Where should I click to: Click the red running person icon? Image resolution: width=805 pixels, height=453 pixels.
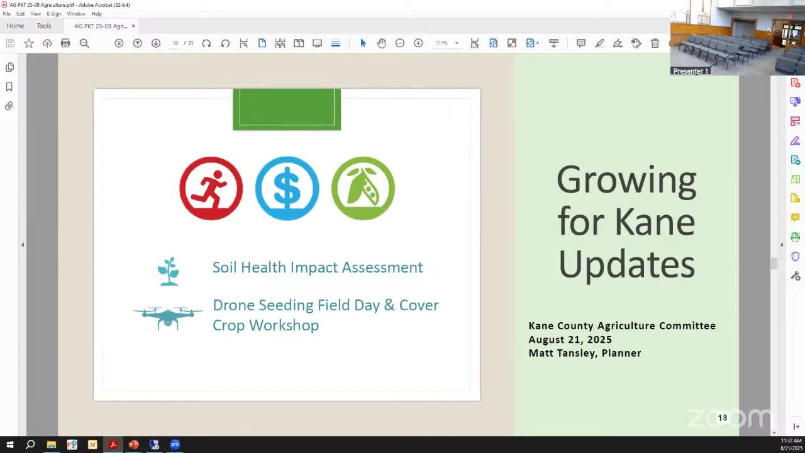211,188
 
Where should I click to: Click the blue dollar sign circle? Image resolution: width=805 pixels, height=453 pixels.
287,188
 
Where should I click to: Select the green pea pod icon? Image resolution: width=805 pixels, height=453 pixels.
363,188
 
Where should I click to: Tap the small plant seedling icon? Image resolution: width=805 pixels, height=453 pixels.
168,271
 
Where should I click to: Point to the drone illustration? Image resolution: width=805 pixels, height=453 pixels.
168,316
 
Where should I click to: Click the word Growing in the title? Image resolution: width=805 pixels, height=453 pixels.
626,181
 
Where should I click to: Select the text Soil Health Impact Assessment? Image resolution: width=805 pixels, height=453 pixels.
318,267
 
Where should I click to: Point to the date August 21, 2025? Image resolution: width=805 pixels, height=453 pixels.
570,339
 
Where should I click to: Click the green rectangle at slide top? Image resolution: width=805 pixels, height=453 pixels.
287,109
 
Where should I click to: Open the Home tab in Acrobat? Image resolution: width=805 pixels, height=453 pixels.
15,26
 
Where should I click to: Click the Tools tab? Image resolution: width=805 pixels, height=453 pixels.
44,26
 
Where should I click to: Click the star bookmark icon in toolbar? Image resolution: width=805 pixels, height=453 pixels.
29,43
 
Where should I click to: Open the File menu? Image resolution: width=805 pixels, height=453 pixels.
6,13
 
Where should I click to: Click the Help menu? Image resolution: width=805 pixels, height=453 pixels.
96,13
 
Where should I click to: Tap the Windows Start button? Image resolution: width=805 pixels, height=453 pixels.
9,445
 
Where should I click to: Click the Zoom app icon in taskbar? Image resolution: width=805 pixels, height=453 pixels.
175,445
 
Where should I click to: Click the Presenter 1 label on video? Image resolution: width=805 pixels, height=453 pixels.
691,71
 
